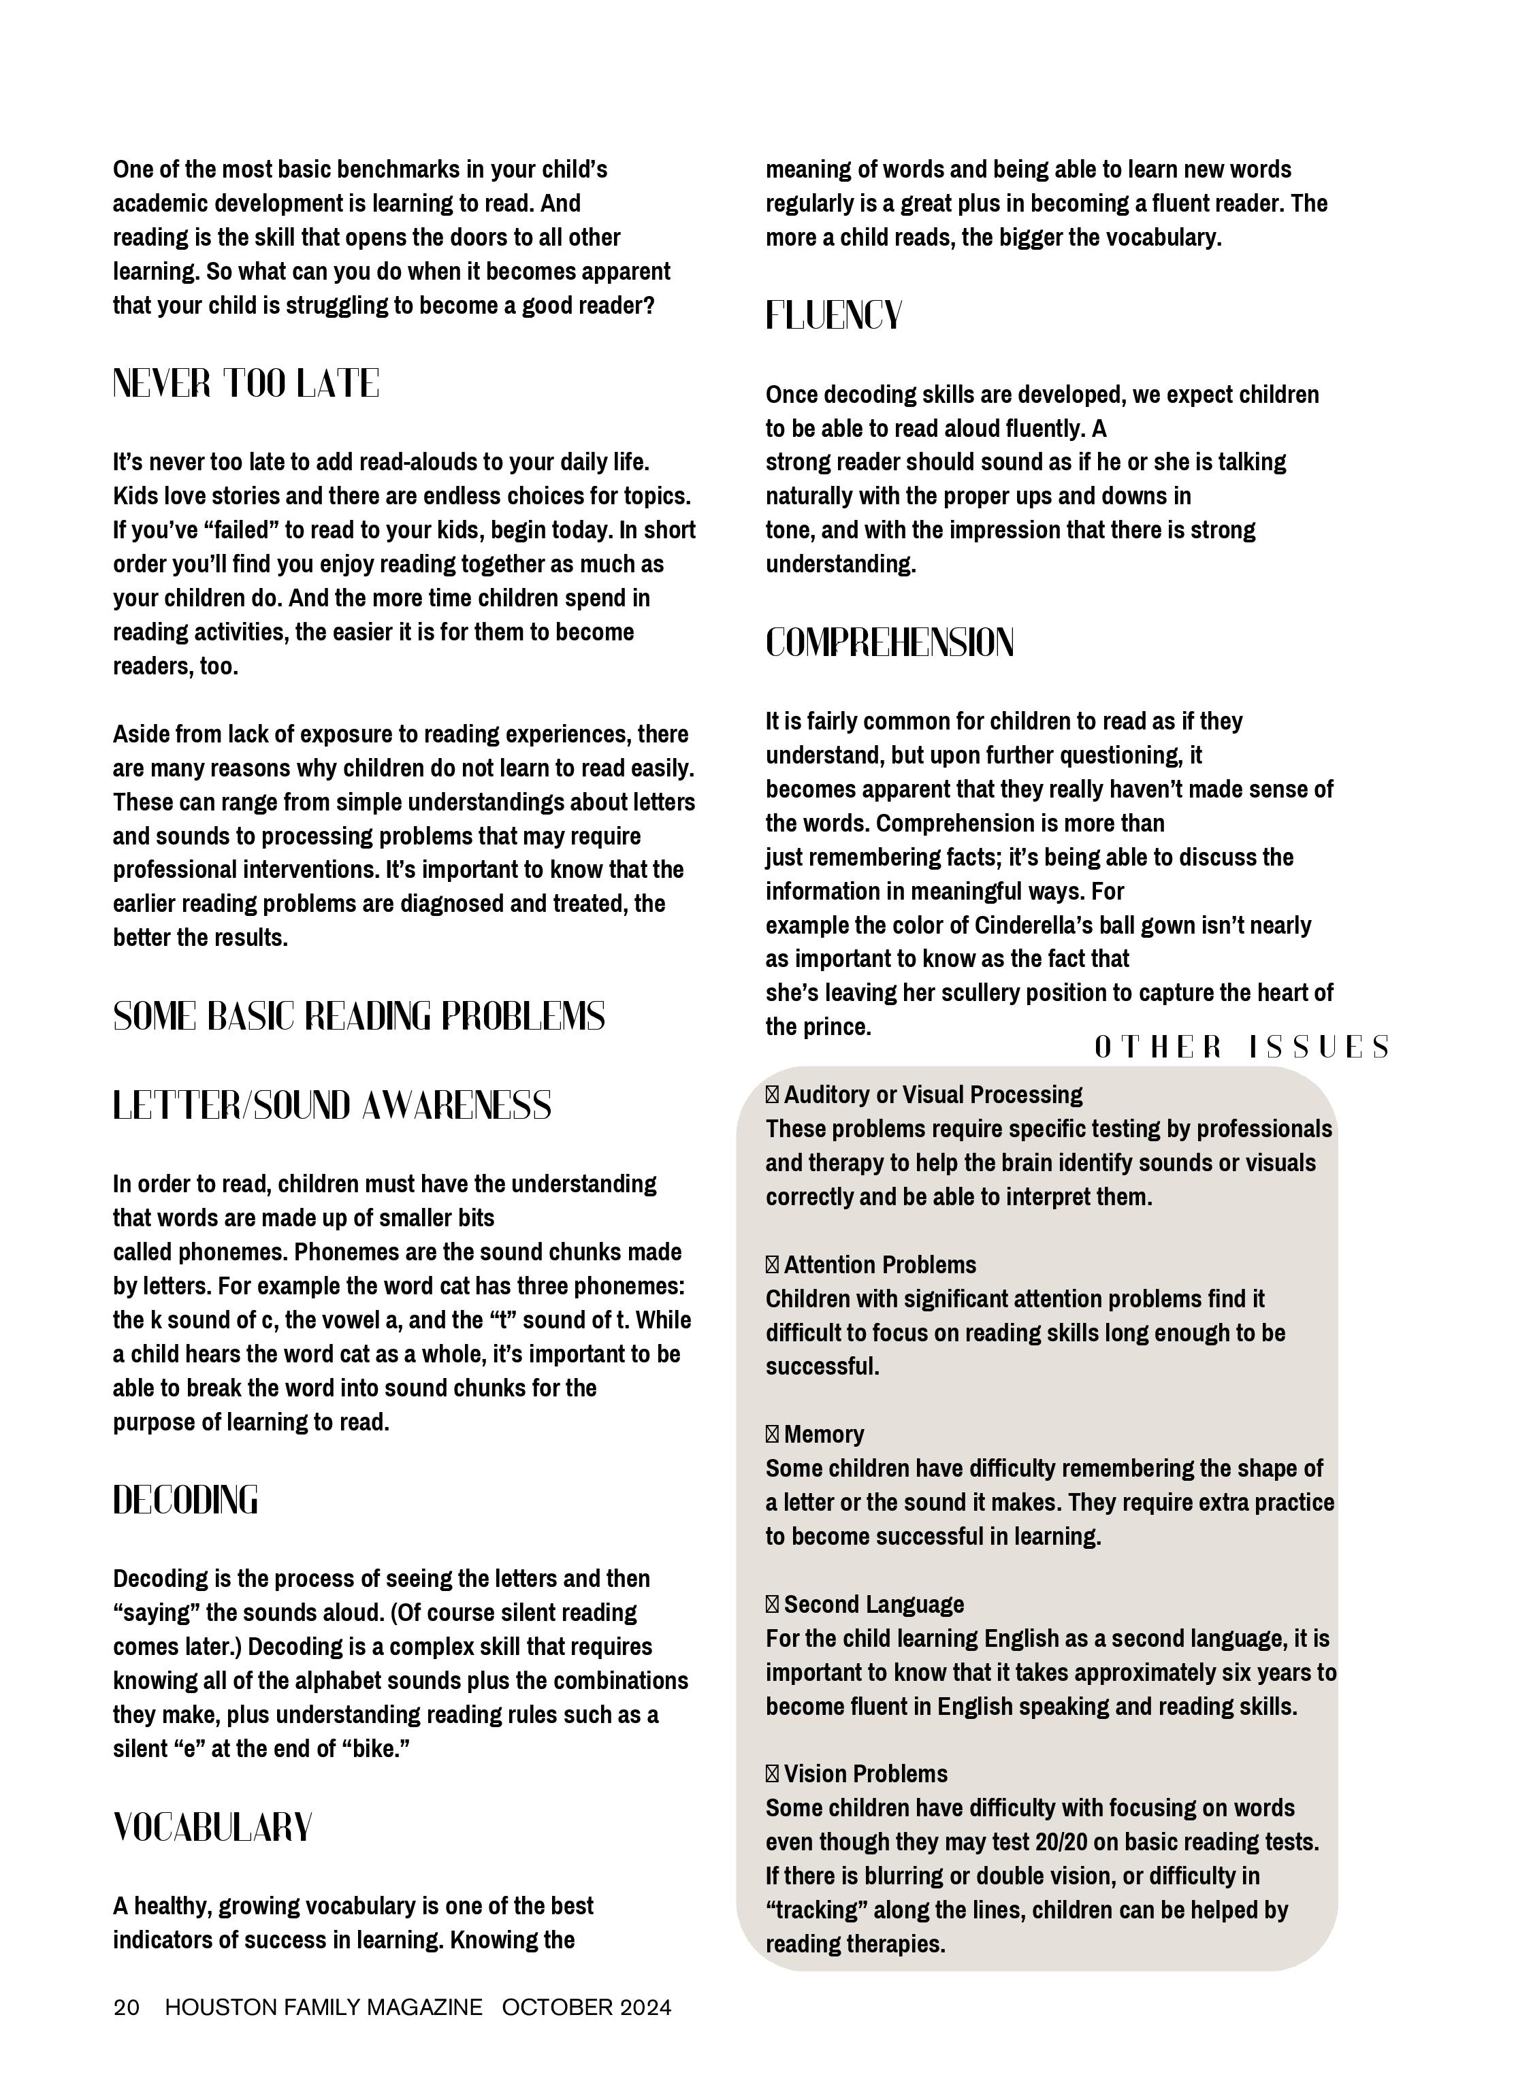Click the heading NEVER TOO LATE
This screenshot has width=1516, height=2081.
coord(246,384)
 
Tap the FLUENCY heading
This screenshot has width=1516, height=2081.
coord(833,316)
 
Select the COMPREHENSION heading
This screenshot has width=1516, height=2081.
coord(889,642)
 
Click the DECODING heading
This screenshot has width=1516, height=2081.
coord(185,1501)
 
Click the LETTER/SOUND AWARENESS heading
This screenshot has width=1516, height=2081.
coord(332,1106)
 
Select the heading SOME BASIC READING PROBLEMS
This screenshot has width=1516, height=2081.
coord(359,1017)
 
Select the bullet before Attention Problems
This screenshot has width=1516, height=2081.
coord(772,1265)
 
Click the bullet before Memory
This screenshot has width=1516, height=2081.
coord(772,1435)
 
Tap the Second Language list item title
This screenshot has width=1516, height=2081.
coord(873,1605)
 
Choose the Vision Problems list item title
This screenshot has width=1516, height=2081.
coord(865,1775)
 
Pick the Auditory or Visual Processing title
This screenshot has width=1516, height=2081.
coord(933,1095)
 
